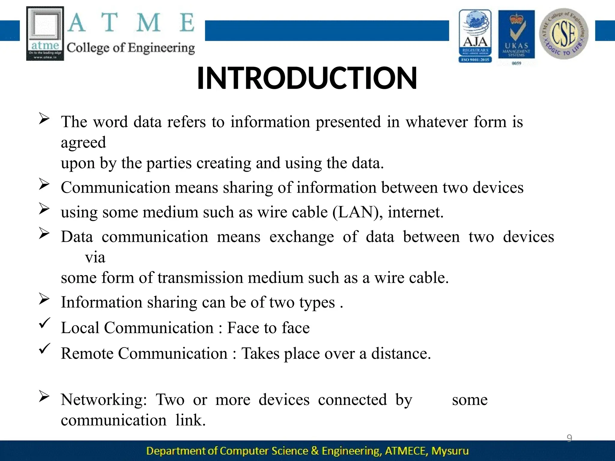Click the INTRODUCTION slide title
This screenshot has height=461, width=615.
[307, 79]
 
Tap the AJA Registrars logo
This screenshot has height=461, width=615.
[475, 36]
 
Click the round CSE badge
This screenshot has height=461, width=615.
[564, 34]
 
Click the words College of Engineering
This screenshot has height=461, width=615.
[131, 48]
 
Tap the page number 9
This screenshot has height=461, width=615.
[569, 438]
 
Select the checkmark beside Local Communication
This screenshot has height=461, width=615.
[44, 324]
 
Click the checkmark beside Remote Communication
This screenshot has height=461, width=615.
[44, 349]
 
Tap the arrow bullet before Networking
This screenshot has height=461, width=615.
[44, 397]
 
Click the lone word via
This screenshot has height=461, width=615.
[95, 258]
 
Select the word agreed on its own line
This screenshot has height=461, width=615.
[83, 143]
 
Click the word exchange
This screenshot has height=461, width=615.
[301, 237]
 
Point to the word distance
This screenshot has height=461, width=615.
[401, 354]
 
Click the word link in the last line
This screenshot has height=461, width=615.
[190, 420]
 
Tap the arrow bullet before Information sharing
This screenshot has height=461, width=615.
[44, 299]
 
